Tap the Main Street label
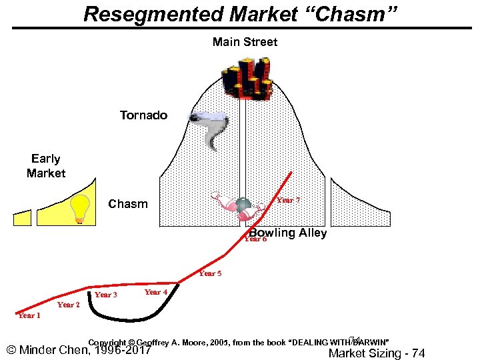245,42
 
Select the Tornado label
143,115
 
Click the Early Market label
46,166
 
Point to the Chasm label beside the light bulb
128,203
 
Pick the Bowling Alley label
288,233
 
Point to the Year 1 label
29,315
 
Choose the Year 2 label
69,305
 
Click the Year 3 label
106,295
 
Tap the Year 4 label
156,292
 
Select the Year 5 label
211,273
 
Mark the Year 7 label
289,200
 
